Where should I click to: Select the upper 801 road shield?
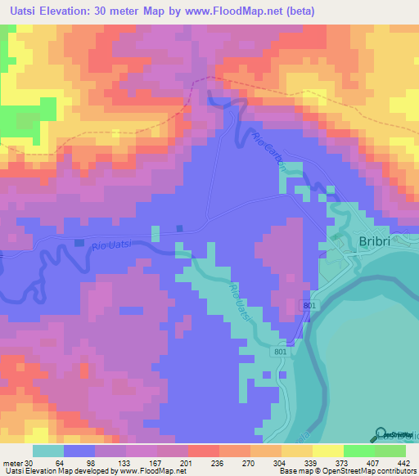pos(309,305)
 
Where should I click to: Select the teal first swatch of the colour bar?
pos(48,451)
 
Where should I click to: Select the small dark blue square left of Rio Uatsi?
pos(79,243)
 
